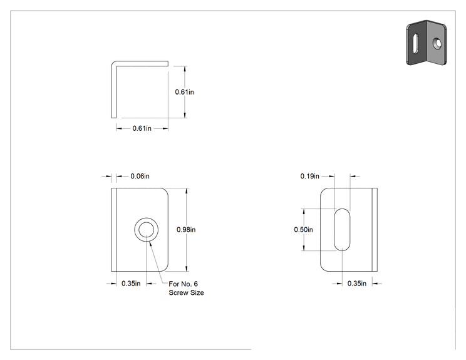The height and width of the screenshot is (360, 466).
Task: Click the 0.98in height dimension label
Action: pos(186,230)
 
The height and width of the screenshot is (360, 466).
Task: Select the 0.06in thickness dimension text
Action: pos(140,176)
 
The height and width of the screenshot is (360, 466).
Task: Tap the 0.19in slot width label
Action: pos(309,176)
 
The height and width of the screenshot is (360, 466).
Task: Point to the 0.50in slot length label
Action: pos(303,230)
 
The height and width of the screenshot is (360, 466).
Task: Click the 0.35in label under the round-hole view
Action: pos(131,284)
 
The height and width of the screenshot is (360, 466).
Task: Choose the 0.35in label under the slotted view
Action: pos(357,284)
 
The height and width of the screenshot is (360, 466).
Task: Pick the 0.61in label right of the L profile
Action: pos(185,92)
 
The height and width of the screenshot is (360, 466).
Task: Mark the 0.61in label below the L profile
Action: pos(142,128)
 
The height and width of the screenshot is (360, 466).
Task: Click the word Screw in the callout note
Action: pos(179,292)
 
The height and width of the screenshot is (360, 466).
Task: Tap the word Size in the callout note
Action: pos(197,292)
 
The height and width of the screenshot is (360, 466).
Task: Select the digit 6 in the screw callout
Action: pos(195,284)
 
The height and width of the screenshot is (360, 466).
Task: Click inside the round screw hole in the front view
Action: pos(146,230)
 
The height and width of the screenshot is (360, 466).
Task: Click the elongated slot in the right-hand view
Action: pos(342,230)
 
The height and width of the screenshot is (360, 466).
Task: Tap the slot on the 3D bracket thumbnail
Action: pos(416,43)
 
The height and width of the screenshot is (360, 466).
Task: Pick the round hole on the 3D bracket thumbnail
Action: pos(437,44)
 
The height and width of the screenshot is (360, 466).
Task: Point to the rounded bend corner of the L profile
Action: pos(114,64)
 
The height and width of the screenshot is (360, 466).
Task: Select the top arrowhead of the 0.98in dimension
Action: pos(187,191)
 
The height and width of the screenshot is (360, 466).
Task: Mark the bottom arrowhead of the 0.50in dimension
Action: pos(304,248)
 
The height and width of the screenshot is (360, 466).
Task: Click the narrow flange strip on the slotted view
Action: pos(375,230)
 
